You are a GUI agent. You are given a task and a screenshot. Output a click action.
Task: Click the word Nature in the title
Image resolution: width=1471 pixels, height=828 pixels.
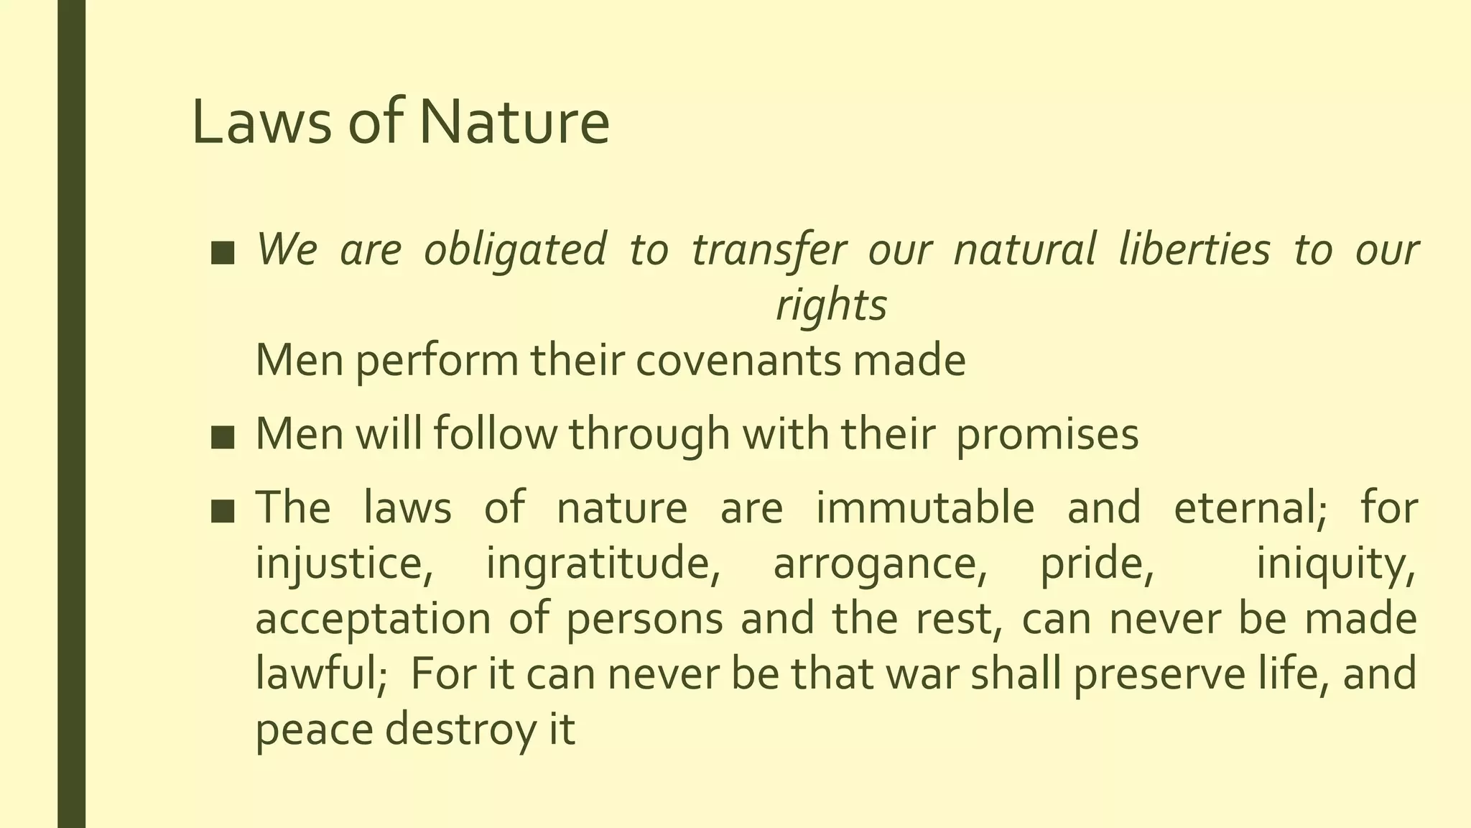(x=514, y=122)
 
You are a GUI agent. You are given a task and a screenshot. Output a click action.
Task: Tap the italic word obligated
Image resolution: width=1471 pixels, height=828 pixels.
(x=515, y=250)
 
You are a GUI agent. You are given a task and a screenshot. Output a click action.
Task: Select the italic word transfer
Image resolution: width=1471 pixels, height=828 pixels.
(x=769, y=250)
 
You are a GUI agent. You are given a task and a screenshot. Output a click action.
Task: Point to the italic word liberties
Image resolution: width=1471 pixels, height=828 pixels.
(x=1194, y=250)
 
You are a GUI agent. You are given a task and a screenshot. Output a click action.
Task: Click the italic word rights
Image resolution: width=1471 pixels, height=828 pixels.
(x=831, y=305)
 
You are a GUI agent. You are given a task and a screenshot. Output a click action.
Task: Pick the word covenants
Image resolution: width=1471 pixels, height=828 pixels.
(x=738, y=360)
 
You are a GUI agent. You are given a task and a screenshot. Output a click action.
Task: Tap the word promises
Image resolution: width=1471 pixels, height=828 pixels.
(x=1047, y=435)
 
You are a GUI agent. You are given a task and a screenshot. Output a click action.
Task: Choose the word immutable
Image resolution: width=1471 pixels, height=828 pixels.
(x=925, y=507)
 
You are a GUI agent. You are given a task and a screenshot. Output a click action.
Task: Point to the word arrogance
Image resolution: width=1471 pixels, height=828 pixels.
(x=881, y=563)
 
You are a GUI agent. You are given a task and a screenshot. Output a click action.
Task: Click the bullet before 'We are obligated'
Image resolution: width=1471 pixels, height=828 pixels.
(x=223, y=253)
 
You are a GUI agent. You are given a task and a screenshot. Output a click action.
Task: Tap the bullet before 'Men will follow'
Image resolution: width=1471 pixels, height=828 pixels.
(x=223, y=437)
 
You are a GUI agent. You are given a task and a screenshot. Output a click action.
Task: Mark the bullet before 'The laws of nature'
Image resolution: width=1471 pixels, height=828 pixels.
(x=223, y=510)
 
